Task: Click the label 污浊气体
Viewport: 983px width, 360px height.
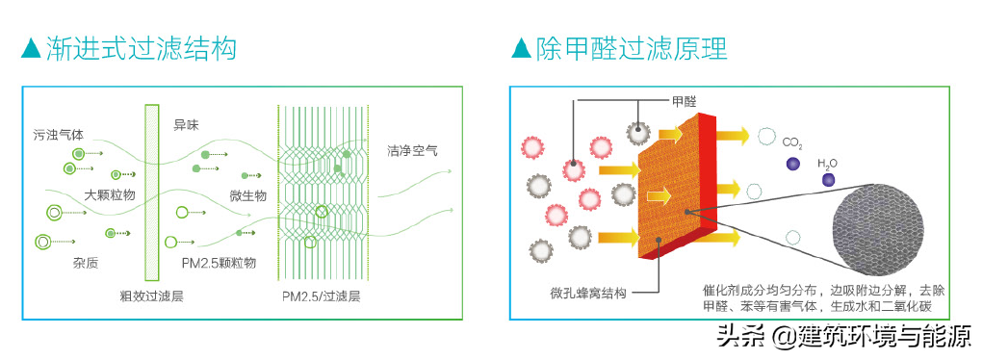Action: pyautogui.click(x=57, y=135)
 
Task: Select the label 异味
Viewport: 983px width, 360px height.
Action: pyautogui.click(x=186, y=124)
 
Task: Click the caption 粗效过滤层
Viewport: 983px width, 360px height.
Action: pyautogui.click(x=151, y=295)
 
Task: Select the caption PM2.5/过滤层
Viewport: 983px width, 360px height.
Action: pyautogui.click(x=320, y=295)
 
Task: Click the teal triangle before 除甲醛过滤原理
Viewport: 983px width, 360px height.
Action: pyautogui.click(x=521, y=48)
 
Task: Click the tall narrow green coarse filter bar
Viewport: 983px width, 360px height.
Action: pyautogui.click(x=151, y=192)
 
